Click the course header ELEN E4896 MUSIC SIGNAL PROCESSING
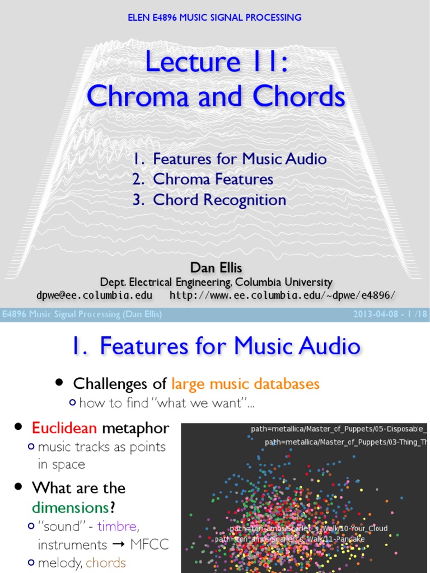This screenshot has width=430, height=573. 215,17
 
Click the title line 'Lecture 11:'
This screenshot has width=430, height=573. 217,61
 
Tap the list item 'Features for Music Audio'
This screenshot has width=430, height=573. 240,159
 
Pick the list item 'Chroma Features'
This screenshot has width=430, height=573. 213,179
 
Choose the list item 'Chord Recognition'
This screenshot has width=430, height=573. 219,200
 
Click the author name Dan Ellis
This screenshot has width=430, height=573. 215,268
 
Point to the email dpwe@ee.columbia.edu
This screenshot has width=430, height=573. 90,295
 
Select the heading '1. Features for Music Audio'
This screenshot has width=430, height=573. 215,346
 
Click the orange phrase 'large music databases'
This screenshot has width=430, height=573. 245,384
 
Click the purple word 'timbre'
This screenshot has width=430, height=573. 116,527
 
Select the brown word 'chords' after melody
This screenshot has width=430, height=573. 106,562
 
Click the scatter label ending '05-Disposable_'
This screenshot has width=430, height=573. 339,429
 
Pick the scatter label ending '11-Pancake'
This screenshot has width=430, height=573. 290,539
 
